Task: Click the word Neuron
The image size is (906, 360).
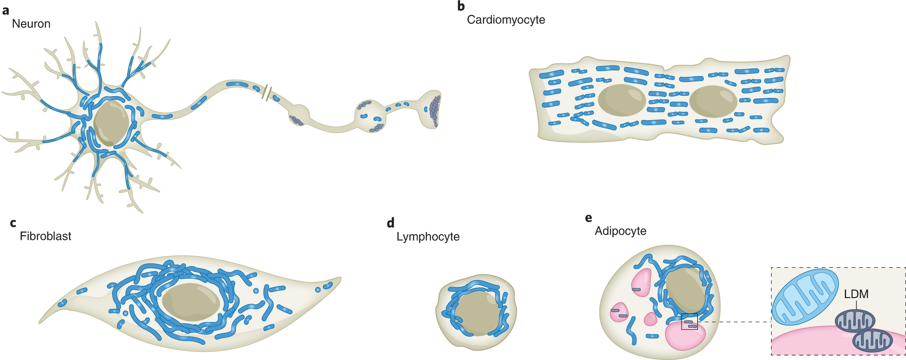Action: tap(31, 24)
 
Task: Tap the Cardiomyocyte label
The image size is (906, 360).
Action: tap(506, 20)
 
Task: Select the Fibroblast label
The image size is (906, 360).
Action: tap(45, 236)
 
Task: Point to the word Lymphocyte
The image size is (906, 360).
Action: tap(428, 237)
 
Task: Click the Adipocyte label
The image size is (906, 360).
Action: tap(620, 231)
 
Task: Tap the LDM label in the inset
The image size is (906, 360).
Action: tap(856, 294)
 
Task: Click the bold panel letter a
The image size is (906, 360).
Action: tap(6, 10)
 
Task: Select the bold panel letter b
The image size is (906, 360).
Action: tap(461, 6)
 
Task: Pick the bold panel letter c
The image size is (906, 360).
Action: tap(13, 223)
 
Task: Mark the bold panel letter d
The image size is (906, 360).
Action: tap(391, 223)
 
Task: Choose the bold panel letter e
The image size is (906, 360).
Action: tap(588, 218)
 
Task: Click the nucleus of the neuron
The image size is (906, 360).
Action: tap(111, 123)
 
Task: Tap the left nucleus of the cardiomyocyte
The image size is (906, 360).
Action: tap(622, 100)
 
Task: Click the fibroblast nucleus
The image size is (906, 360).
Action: tap(191, 302)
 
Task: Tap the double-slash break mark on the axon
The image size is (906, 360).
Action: tap(267, 93)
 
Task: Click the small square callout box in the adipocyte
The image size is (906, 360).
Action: tap(689, 322)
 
